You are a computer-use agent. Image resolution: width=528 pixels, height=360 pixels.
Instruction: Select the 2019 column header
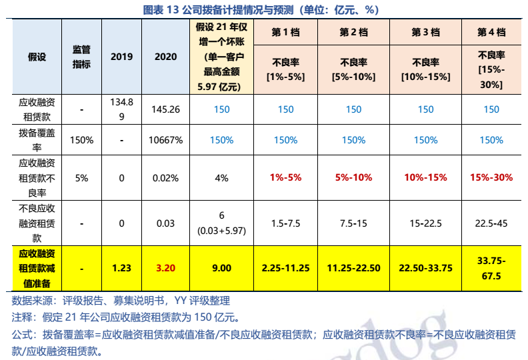click(121, 57)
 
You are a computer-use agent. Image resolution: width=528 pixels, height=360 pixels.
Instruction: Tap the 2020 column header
click(165, 57)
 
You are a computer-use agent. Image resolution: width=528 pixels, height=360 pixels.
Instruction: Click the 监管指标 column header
click(81, 57)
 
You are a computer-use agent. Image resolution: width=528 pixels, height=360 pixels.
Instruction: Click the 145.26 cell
click(165, 109)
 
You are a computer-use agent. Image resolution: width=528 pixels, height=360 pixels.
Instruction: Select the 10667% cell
click(165, 140)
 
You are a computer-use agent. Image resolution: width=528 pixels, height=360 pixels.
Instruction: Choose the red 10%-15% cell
click(425, 178)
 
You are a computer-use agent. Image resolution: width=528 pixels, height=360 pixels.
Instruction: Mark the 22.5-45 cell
click(491, 223)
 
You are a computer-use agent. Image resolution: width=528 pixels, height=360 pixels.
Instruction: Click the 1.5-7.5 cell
click(285, 223)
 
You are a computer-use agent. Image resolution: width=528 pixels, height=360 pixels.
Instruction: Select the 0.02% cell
click(165, 178)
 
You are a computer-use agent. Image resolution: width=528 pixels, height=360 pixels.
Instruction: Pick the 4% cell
click(221, 178)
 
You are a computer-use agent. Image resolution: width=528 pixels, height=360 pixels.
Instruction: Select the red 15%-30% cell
click(491, 178)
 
